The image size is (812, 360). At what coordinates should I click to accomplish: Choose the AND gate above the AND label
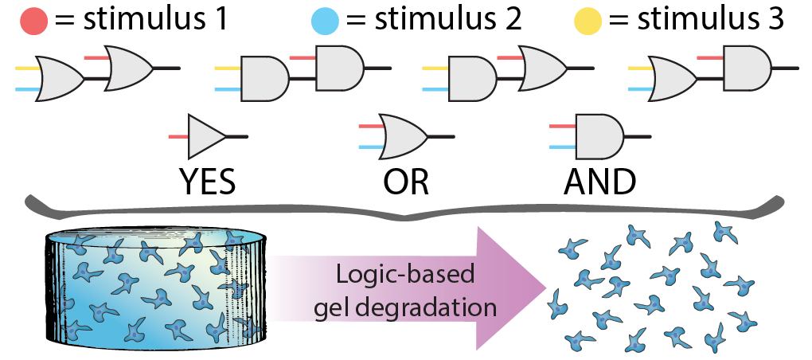pos(598,137)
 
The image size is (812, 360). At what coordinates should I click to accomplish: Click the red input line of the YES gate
pos(178,137)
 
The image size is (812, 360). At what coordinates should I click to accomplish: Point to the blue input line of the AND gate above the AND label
pos(562,147)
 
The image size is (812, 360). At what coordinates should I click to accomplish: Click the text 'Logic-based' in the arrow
pos(405,275)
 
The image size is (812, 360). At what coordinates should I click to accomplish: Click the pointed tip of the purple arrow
pos(544,288)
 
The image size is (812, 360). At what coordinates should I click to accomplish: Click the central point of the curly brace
pos(405,216)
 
